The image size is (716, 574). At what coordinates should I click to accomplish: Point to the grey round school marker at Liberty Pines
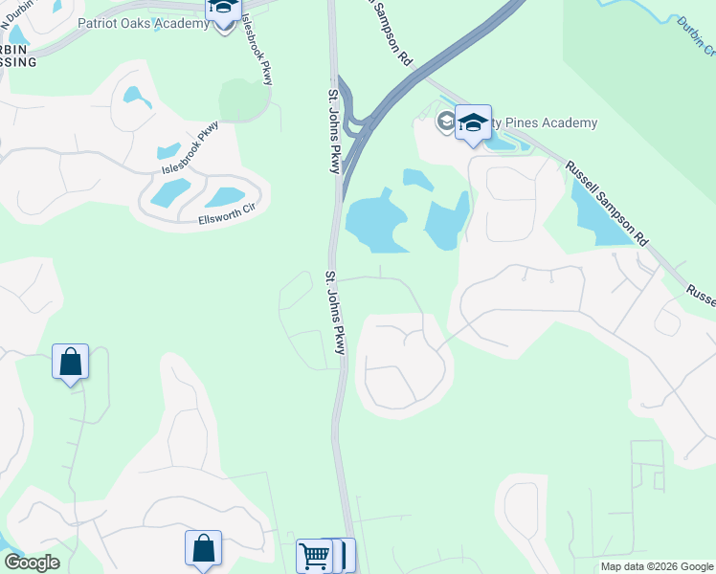tap(445, 121)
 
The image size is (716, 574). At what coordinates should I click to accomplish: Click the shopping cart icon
tap(314, 555)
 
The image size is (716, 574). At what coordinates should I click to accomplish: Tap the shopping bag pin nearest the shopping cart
tap(203, 549)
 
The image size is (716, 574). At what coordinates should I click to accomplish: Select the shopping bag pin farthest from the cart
tap(70, 362)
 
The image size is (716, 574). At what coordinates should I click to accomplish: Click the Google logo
tap(32, 563)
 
